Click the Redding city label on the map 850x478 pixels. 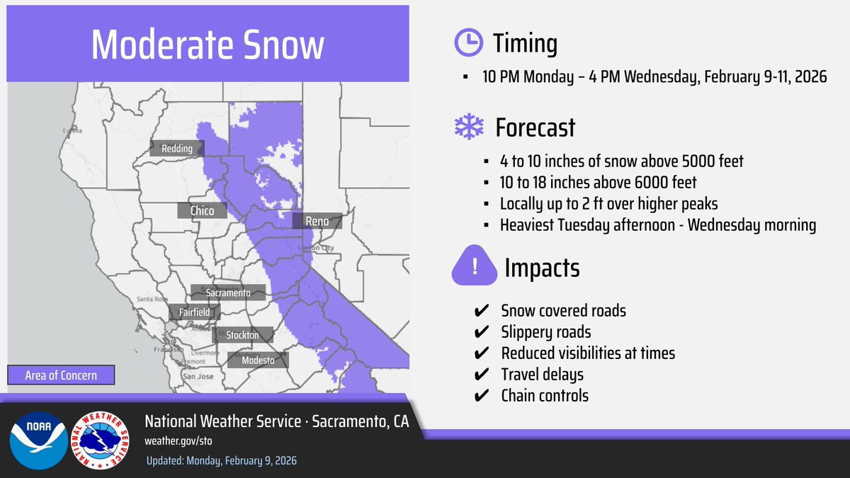point(176,148)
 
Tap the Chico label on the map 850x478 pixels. point(202,210)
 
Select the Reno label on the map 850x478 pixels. point(317,221)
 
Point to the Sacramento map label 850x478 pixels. point(228,292)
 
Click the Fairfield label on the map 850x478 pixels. point(194,312)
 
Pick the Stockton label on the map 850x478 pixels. point(242,335)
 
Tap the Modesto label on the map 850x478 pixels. point(257,360)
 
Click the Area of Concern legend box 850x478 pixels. point(61,375)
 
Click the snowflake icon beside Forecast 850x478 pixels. point(468,127)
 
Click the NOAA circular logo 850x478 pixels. point(38,440)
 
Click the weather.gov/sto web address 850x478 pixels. point(178,440)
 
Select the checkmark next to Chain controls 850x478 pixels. point(480,396)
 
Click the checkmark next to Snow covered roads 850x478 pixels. point(480,311)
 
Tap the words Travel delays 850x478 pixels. point(542,375)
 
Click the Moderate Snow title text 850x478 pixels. point(208,45)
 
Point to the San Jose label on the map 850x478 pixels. point(198,377)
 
